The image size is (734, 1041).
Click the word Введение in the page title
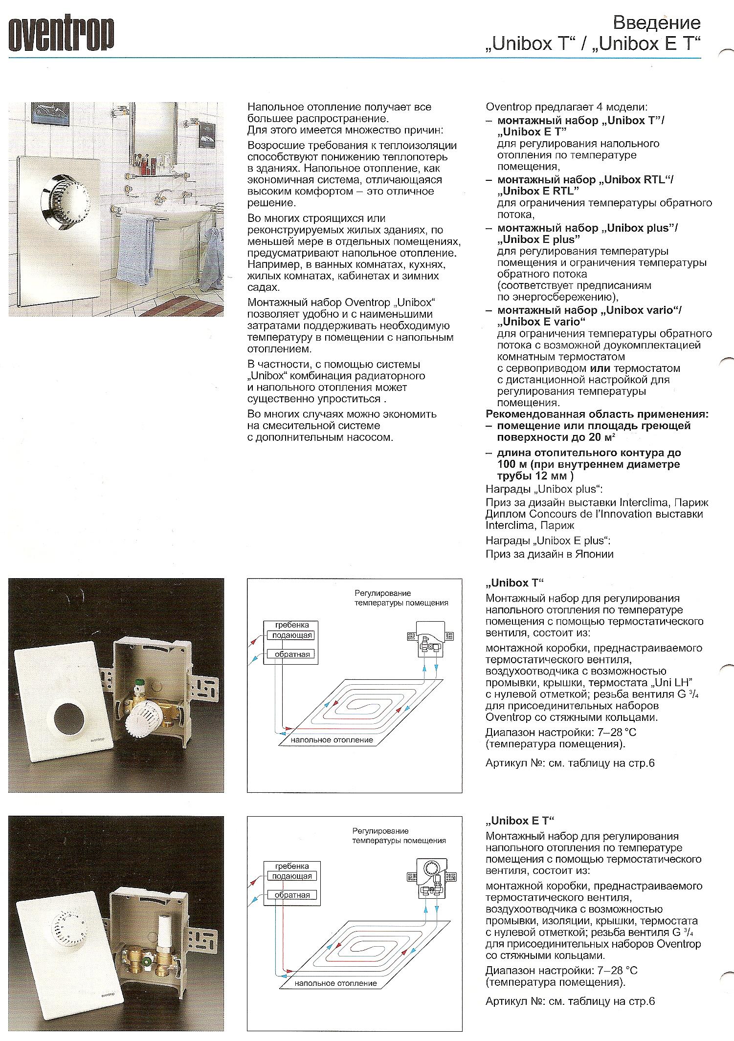pos(656,23)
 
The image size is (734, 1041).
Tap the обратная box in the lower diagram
pos(292,895)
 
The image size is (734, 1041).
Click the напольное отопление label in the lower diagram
pos(335,983)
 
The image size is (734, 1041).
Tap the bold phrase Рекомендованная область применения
pos(597,414)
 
